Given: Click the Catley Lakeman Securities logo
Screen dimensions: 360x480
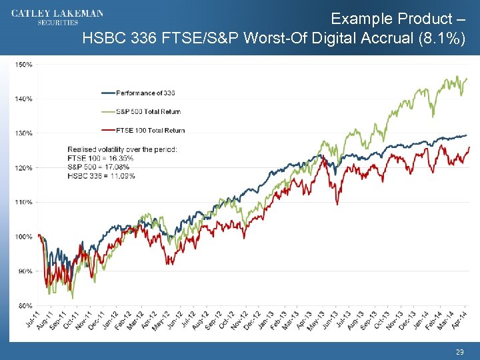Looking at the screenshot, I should click(x=57, y=17).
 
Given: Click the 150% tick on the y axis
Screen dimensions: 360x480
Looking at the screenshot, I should click(x=24, y=65).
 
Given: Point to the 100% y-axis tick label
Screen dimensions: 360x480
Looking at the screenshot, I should click(x=24, y=237).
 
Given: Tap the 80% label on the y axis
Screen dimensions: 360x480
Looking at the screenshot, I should click(x=25, y=305).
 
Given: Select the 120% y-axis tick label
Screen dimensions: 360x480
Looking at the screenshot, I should click(x=24, y=167).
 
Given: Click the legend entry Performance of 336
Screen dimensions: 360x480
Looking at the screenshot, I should click(x=145, y=93).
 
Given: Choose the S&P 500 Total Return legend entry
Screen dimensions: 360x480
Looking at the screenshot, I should click(x=148, y=111).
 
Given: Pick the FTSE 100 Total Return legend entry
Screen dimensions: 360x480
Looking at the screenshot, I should click(x=150, y=130).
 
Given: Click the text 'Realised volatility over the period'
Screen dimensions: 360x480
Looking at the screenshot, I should click(x=122, y=149).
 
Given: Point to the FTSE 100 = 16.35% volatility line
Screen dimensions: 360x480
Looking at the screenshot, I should click(x=101, y=158).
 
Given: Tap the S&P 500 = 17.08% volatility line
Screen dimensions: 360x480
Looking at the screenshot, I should click(x=99, y=167).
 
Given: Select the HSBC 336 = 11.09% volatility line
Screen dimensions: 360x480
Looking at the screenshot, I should click(x=101, y=176).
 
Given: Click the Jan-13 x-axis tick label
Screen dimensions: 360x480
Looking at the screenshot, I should click(x=267, y=319).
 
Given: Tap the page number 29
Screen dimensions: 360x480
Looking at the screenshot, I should click(x=459, y=351).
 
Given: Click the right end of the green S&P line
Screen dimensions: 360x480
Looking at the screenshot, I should click(x=467, y=79).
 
